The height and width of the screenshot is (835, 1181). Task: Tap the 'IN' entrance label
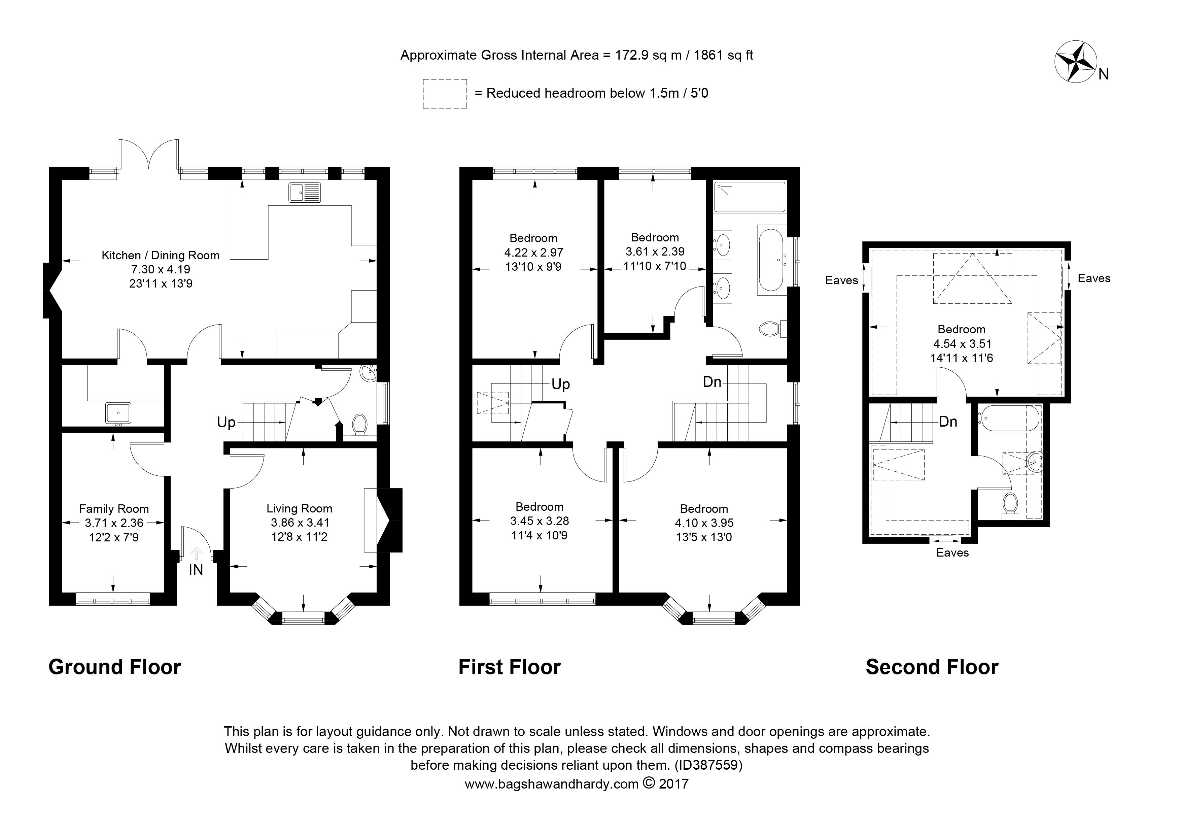pos(196,570)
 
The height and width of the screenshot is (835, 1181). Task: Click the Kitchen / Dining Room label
pos(161,255)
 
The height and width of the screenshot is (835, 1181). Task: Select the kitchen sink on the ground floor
pos(305,192)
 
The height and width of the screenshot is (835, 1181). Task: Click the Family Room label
pos(114,509)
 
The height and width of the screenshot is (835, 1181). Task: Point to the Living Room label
pos(299,509)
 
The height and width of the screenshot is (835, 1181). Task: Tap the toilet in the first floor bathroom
pos(773,329)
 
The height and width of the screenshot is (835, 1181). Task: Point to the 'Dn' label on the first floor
pos(713,382)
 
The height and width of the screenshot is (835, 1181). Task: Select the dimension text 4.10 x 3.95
pos(704,523)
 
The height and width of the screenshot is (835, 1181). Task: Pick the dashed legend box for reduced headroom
pos(445,94)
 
